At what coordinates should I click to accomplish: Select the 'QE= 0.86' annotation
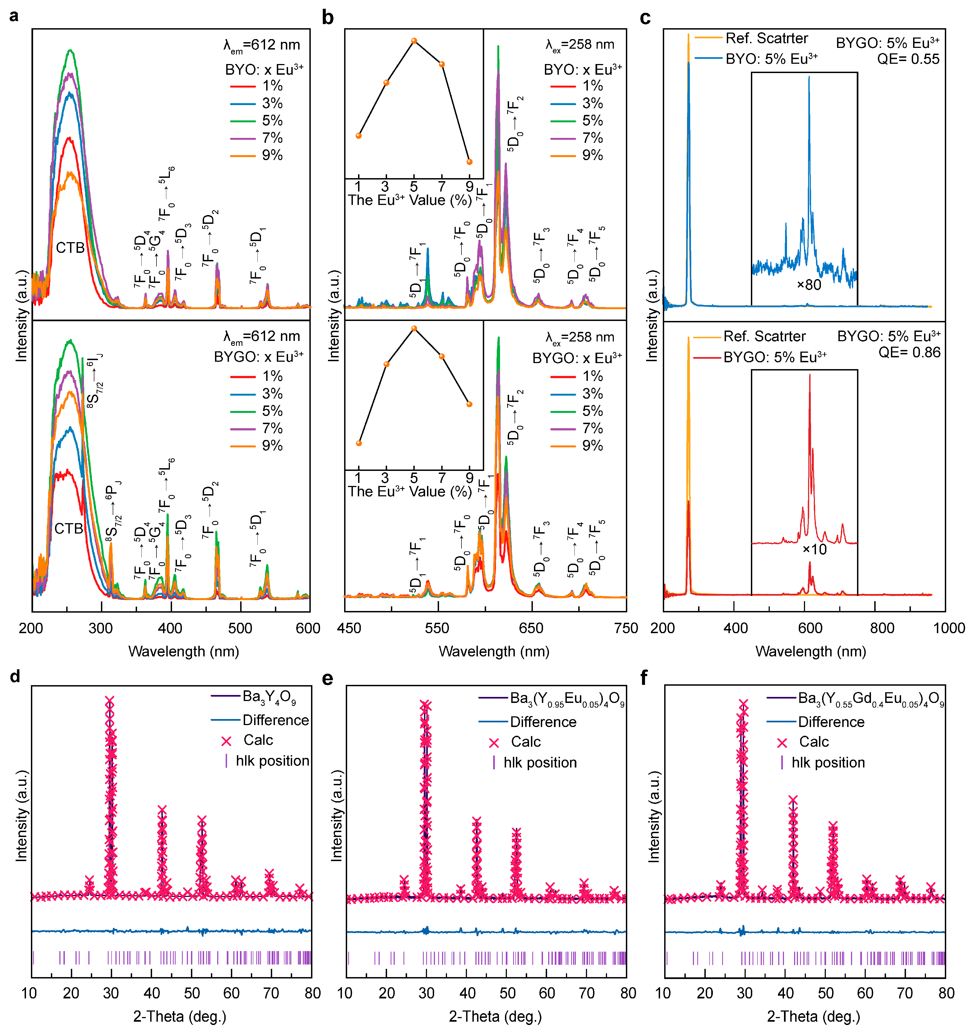[x=909, y=353]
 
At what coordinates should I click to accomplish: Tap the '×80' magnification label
[x=809, y=285]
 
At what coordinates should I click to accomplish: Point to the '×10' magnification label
[x=814, y=549]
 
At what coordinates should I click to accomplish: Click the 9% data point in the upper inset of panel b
[x=470, y=162]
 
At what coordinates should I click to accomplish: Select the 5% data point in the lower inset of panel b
[x=414, y=328]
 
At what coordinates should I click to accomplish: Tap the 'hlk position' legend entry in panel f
[x=828, y=763]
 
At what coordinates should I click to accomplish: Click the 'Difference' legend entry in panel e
[x=543, y=722]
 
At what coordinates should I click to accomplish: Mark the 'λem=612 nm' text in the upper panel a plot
[x=262, y=45]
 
